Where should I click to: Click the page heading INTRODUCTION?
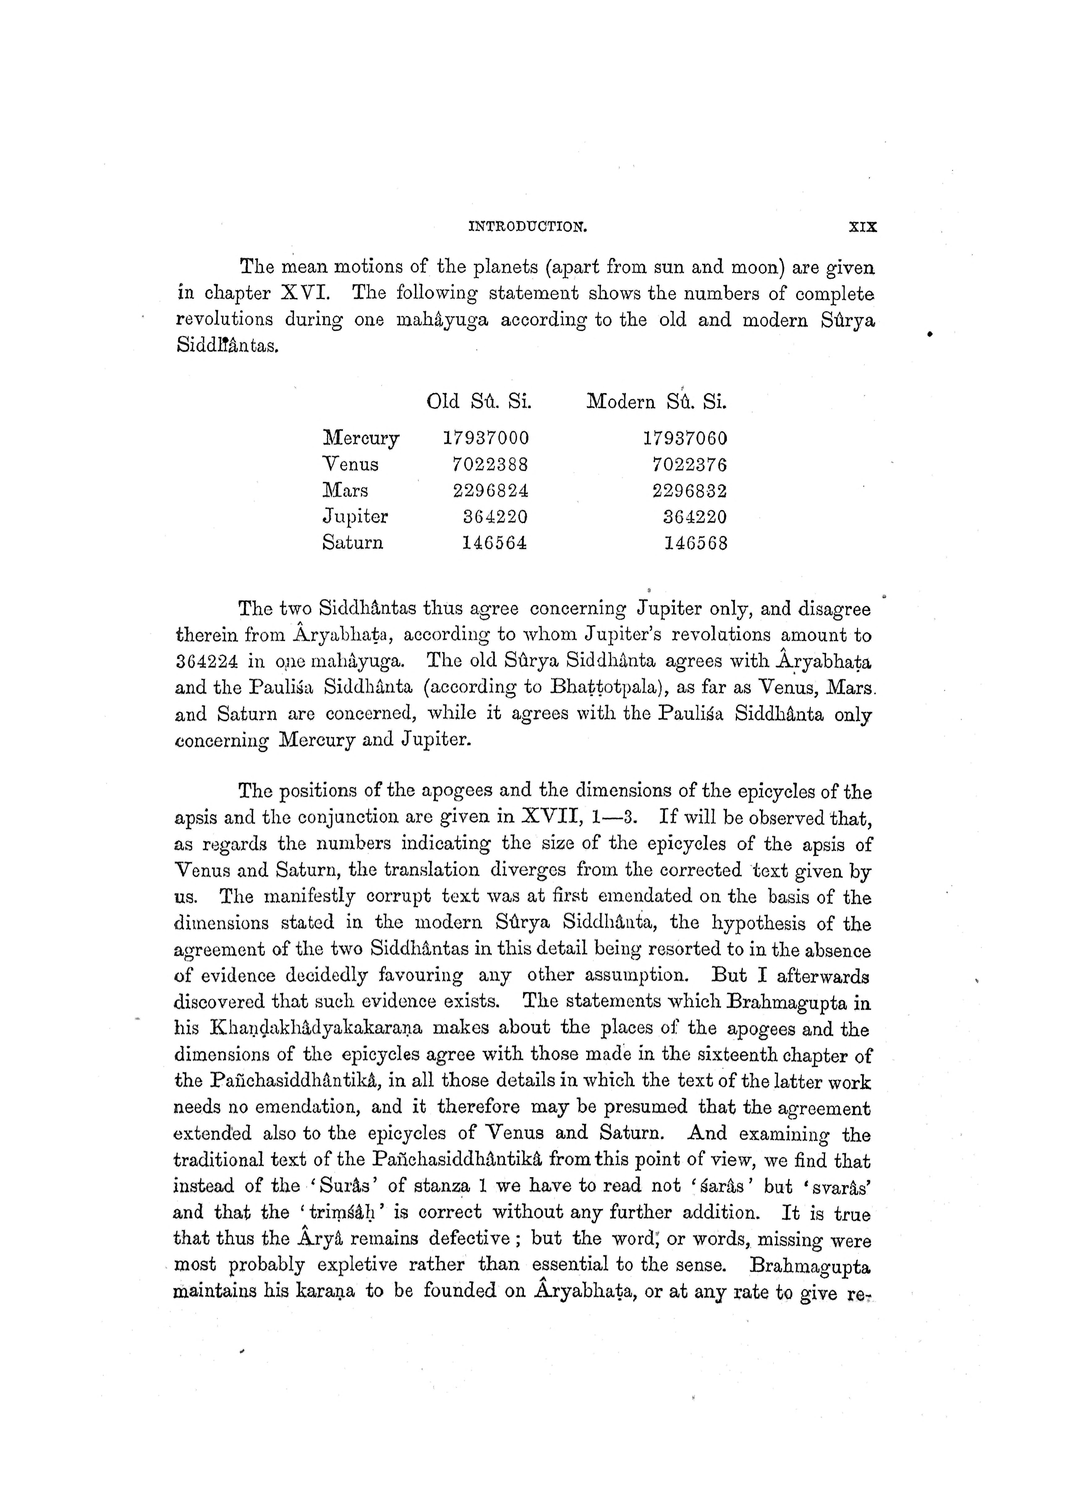tap(528, 227)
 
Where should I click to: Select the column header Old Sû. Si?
tap(479, 402)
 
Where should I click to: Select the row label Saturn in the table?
tap(352, 543)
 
